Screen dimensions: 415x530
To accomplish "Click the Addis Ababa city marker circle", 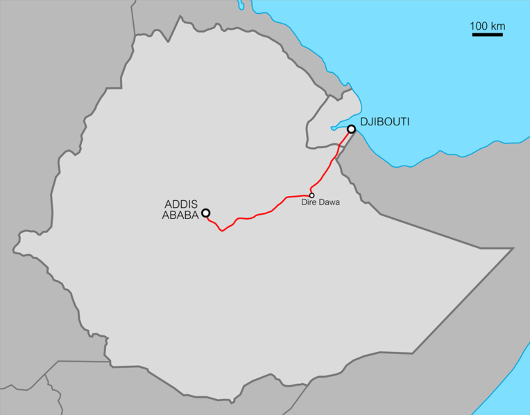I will point(205,213).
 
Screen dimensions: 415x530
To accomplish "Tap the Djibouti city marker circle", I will point(352,129).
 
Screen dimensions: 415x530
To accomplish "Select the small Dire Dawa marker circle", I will point(312,195).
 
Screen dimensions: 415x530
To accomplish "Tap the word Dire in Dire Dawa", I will point(309,203).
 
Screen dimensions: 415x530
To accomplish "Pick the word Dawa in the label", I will point(329,203).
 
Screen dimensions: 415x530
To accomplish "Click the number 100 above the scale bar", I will point(479,26).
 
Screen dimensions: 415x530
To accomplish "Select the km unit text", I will point(497,26).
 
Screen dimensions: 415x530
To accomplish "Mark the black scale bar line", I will point(488,34).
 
